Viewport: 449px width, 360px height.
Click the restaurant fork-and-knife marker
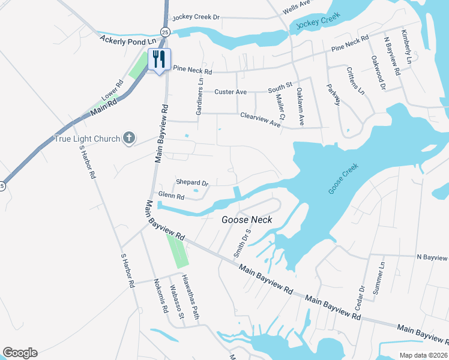click(159, 59)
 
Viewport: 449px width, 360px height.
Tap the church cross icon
click(128, 139)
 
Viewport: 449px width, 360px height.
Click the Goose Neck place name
click(247, 220)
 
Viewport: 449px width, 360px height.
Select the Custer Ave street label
click(231, 92)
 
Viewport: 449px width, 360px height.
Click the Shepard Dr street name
click(191, 182)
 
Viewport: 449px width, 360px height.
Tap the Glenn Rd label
click(171, 196)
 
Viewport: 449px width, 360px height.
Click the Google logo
click(20, 353)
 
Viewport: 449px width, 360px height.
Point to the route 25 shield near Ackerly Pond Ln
click(165, 31)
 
